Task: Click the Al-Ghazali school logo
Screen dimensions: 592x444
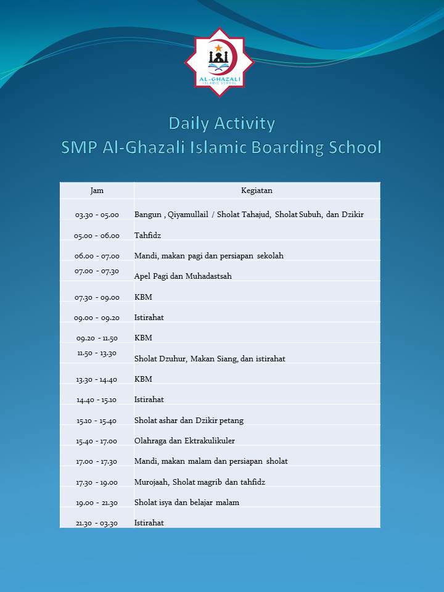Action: click(220, 62)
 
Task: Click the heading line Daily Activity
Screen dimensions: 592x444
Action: click(221, 123)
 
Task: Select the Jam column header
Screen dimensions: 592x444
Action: click(97, 191)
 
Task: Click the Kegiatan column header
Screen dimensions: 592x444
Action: click(257, 191)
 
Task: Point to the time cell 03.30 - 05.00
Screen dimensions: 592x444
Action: click(97, 215)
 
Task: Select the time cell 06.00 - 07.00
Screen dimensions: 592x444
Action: click(97, 256)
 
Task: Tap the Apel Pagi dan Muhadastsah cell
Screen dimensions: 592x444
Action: click(183, 276)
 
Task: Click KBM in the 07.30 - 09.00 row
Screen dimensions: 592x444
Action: click(143, 297)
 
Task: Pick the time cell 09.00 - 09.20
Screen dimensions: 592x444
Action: click(97, 318)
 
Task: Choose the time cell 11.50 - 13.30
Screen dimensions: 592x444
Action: click(97, 353)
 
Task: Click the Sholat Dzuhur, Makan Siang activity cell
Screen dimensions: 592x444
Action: click(210, 358)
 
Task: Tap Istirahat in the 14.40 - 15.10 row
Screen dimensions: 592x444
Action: click(149, 400)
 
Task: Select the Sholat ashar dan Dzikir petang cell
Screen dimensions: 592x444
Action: click(189, 421)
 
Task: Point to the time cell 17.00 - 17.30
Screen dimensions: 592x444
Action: click(97, 461)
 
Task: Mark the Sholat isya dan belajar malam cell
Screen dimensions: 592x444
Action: click(187, 503)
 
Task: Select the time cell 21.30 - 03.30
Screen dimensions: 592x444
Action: click(97, 523)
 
